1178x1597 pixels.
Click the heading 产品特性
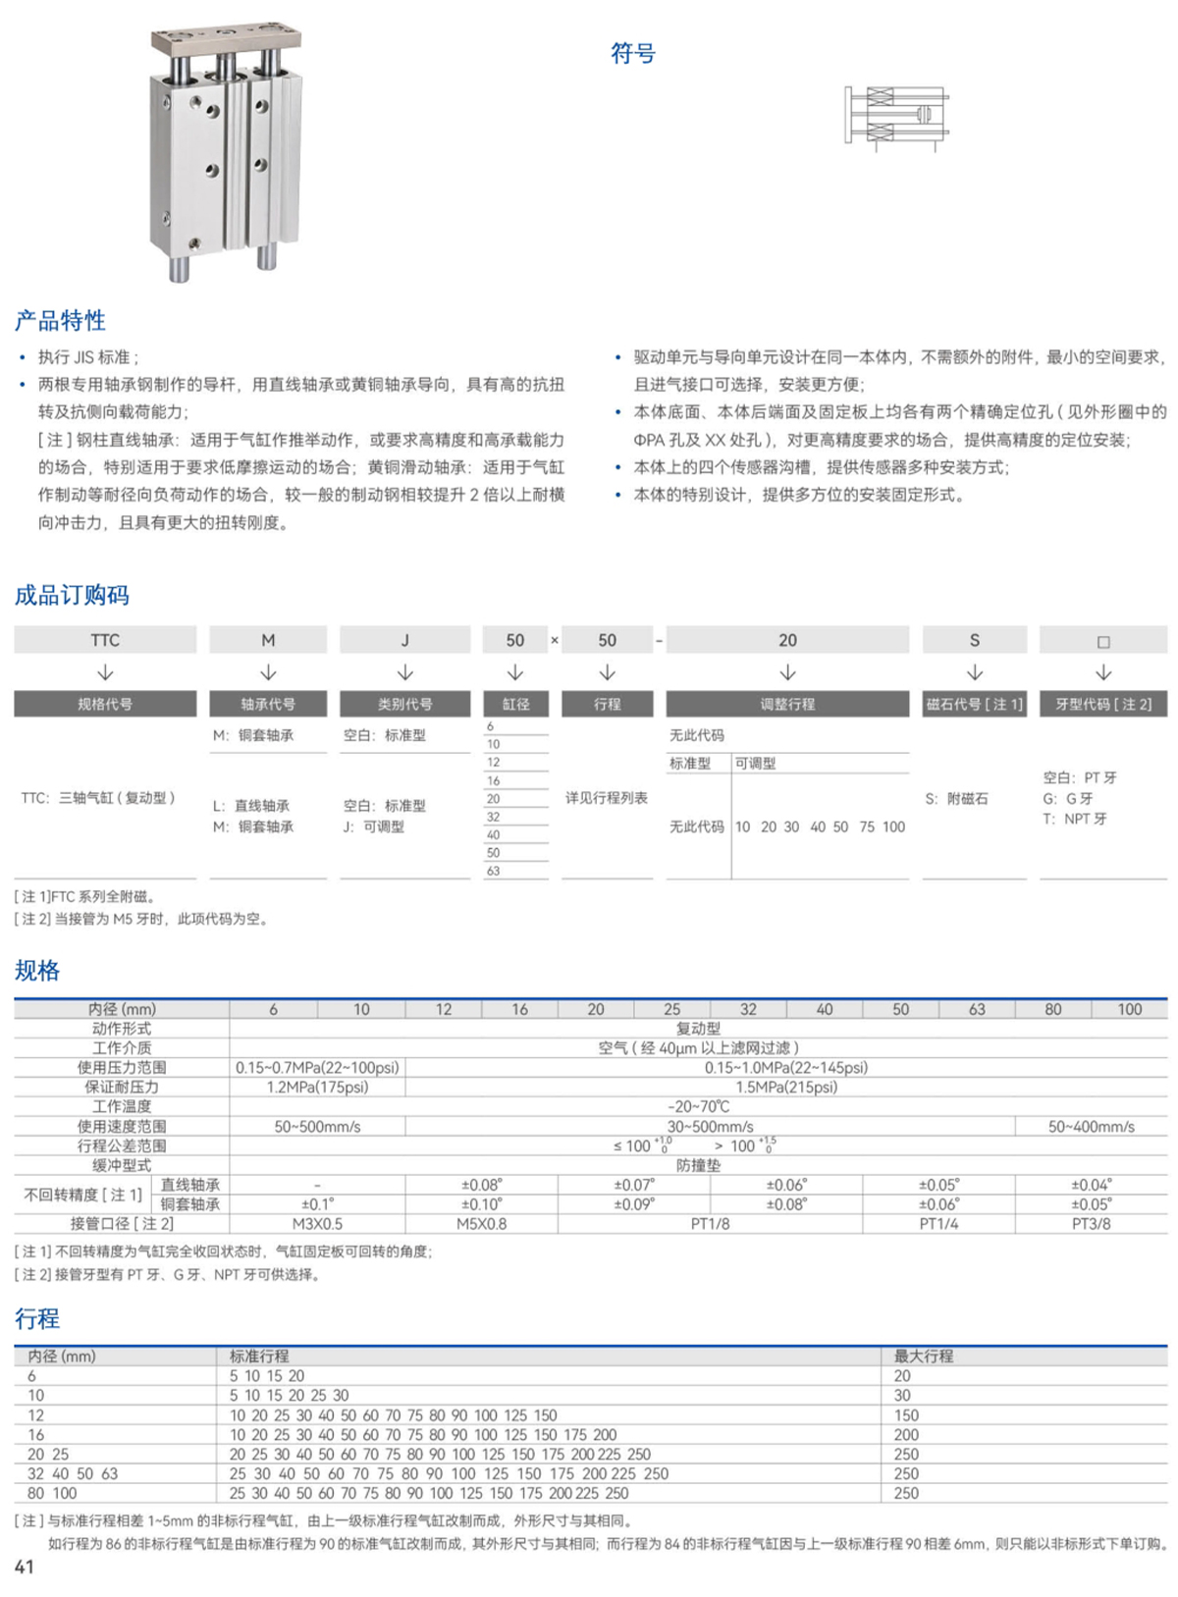coord(60,320)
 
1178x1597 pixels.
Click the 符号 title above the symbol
coord(632,53)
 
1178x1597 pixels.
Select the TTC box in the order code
coord(105,640)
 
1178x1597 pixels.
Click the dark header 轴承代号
coord(268,704)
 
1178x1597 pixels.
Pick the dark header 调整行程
coord(787,704)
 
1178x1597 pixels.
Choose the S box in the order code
coord(974,640)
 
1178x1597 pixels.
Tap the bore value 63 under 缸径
coord(494,871)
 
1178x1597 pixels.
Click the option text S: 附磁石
coord(956,799)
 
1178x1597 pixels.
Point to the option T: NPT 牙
coord(1075,819)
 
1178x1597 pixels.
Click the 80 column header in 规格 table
coord(1052,1009)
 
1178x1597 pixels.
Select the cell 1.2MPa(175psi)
coord(317,1088)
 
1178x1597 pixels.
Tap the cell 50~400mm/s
coord(1091,1127)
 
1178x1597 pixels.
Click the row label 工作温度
coord(122,1107)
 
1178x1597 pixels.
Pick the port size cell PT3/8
coord(1091,1224)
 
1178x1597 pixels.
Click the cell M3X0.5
coord(317,1224)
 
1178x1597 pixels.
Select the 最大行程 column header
coord(923,1357)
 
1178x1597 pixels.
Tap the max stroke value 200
coord(906,1435)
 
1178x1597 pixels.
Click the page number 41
coord(25,1567)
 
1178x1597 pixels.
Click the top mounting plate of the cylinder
coord(225,41)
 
